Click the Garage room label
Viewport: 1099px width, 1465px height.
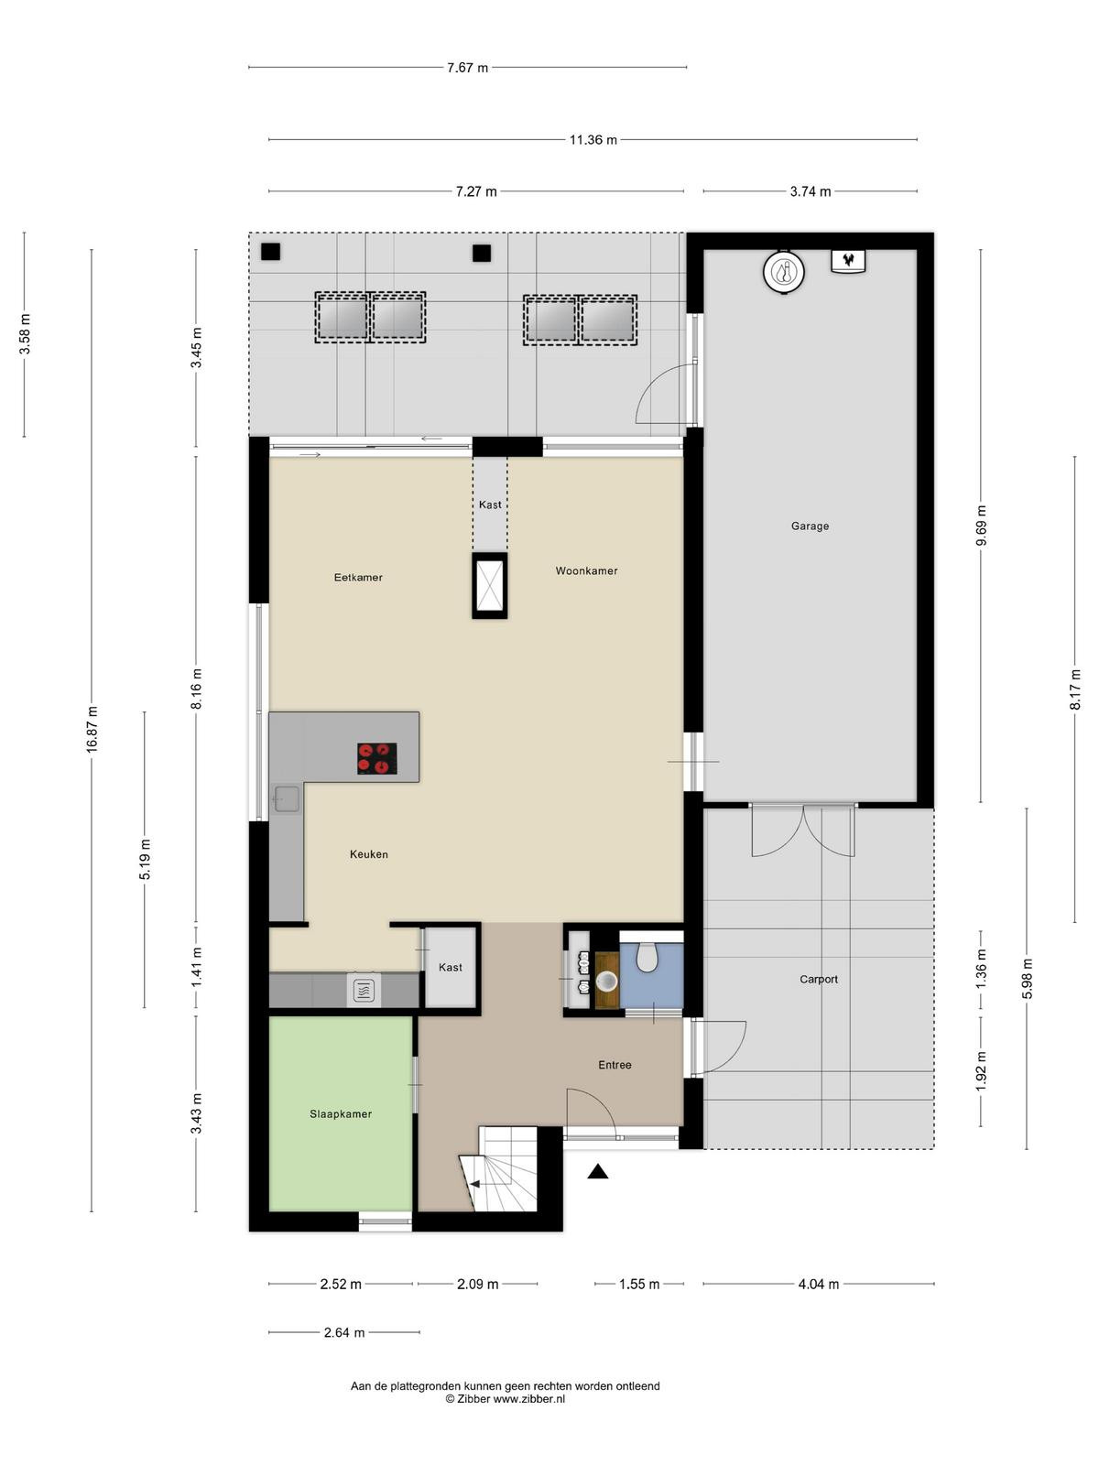810,526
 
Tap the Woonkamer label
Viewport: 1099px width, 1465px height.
586,570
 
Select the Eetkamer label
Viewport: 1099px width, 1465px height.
358,578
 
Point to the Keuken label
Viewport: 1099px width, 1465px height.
368,854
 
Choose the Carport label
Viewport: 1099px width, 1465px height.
818,979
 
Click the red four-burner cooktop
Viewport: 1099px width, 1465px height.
377,758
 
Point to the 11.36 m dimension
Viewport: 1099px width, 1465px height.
593,139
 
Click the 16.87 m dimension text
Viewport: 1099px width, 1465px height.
92,730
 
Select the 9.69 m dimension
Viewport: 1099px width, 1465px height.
980,526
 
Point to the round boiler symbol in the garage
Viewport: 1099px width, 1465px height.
783,272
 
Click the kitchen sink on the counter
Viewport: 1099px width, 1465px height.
286,798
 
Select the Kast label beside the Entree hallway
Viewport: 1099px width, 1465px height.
450,967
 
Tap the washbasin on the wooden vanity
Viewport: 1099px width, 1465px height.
606,982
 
